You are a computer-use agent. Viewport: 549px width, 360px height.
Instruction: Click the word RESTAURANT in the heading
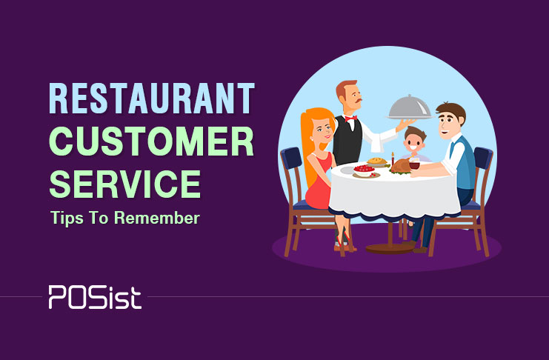(x=152, y=99)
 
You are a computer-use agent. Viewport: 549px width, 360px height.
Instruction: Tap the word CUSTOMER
(x=151, y=141)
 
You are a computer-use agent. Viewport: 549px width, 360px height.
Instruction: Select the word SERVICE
(x=125, y=184)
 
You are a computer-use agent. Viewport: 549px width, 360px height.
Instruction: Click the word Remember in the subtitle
(x=157, y=218)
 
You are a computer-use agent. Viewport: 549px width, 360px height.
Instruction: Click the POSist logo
(x=95, y=297)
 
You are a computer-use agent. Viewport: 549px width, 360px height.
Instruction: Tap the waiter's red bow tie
(x=351, y=119)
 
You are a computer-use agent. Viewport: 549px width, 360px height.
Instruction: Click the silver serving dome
(x=410, y=107)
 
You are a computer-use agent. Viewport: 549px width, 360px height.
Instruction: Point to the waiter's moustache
(x=357, y=101)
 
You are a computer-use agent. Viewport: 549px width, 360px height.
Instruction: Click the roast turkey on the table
(x=401, y=166)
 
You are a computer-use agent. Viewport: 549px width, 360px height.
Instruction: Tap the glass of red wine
(x=414, y=164)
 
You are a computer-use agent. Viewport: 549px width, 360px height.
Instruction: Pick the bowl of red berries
(x=364, y=170)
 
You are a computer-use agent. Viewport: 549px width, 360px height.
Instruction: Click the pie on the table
(x=376, y=161)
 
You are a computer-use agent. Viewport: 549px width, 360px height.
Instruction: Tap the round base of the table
(x=390, y=249)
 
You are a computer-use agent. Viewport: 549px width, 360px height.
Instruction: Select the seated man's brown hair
(x=452, y=111)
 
